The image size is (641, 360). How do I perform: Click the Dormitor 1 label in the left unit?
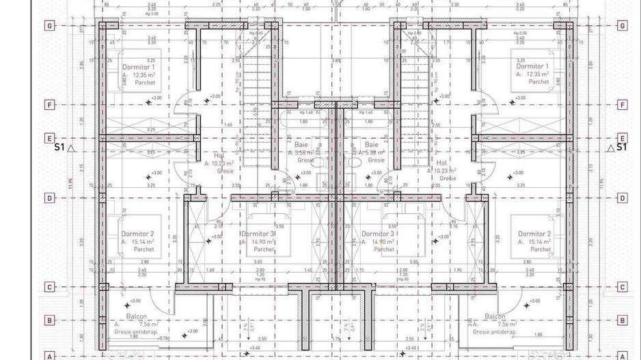point(139,67)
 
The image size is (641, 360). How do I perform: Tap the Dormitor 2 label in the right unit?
point(534,234)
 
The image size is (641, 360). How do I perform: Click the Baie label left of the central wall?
point(301,145)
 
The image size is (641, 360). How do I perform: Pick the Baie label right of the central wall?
point(372,145)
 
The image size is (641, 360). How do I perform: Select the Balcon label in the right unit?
point(495,316)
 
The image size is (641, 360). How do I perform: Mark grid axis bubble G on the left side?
point(49,26)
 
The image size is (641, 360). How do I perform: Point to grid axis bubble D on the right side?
point(622,198)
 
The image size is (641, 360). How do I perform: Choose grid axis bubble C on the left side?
point(49,287)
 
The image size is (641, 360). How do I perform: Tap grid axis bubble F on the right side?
point(622,105)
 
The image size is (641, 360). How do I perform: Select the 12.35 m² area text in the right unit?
point(537,74)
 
